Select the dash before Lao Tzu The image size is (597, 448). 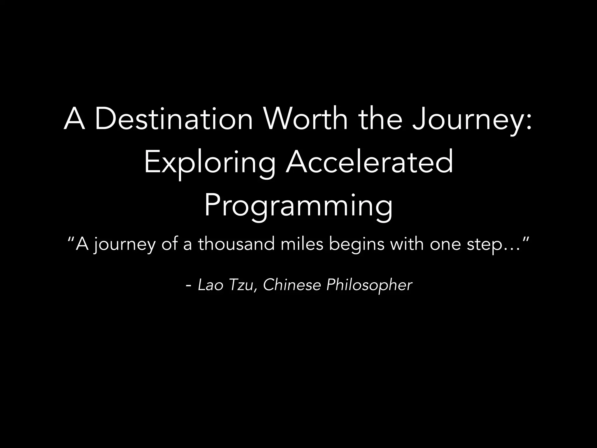(188, 286)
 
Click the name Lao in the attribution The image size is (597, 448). (211, 285)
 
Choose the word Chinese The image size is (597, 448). (292, 285)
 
